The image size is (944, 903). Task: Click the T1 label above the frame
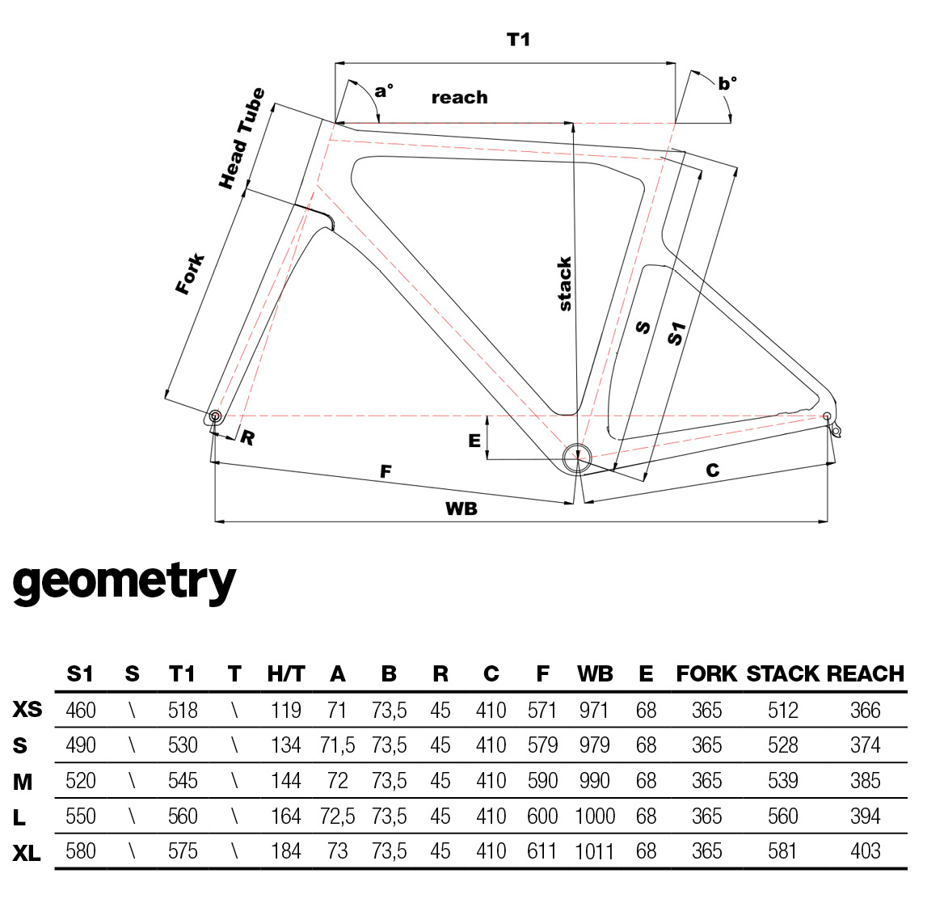[518, 40]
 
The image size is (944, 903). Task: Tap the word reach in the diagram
[459, 98]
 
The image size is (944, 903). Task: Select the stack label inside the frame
[565, 284]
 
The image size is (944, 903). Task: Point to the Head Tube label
[242, 139]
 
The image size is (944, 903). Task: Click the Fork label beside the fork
[191, 274]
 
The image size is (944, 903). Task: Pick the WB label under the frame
[461, 508]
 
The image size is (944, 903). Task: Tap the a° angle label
[385, 90]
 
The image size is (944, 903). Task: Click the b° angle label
[727, 83]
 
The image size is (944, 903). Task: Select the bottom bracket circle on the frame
[578, 457]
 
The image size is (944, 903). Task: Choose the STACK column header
[782, 673]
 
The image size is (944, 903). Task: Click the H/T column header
[285, 673]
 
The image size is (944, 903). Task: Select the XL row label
[27, 852]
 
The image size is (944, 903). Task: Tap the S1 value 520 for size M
[80, 781]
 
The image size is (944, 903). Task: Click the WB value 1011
[595, 852]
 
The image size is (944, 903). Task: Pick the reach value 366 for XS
[865, 711]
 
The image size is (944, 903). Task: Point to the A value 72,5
[337, 816]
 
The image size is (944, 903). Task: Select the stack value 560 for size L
[782, 816]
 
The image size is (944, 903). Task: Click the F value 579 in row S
[542, 745]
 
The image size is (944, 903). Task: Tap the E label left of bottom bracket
[474, 441]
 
